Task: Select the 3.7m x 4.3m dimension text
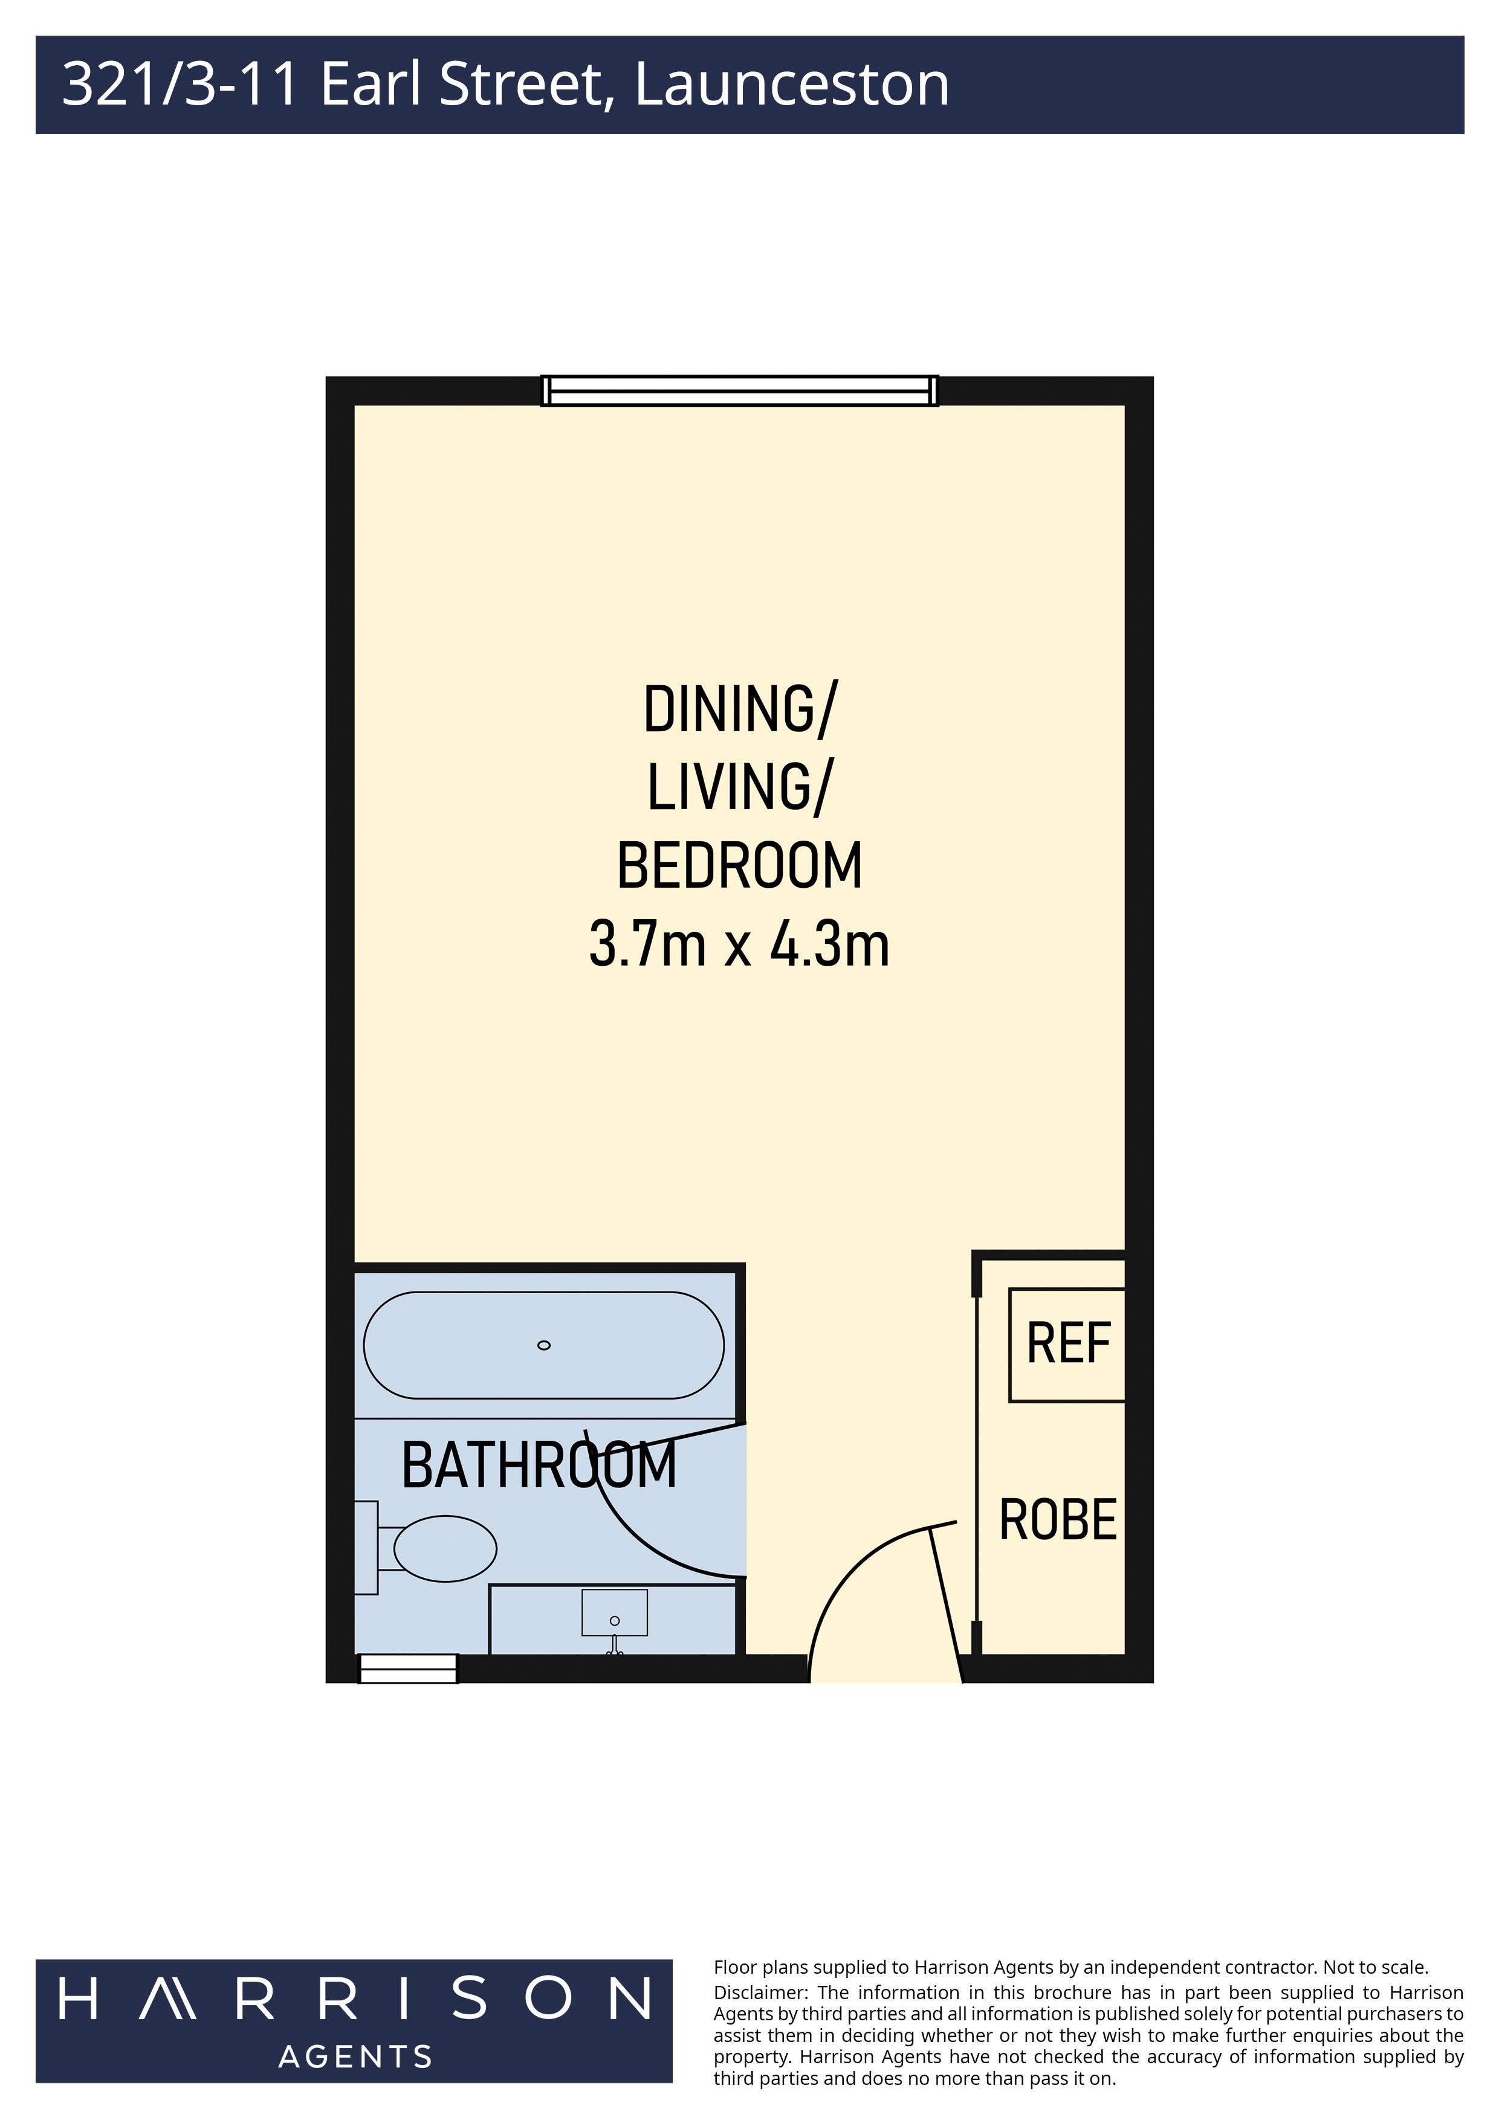coord(739,946)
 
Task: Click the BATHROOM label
coord(539,1466)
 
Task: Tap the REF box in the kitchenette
coord(1067,1345)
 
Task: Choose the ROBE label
coord(1058,1520)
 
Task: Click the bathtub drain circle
coord(544,1345)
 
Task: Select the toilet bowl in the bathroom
coord(445,1548)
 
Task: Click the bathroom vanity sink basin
coord(614,1612)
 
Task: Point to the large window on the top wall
coord(739,390)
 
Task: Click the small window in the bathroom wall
coord(408,1669)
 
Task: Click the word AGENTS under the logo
coord(355,2057)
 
